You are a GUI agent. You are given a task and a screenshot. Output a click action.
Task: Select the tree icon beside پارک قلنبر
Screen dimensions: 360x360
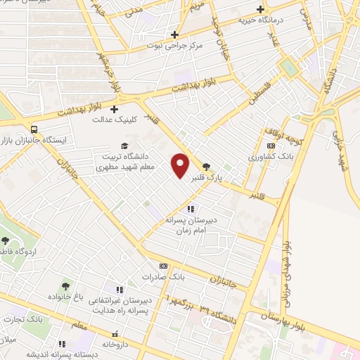[206, 167]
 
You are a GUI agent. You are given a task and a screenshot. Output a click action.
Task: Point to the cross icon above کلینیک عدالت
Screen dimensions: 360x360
[114, 108]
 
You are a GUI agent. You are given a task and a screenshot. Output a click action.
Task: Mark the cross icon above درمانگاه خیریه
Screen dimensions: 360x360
[261, 10]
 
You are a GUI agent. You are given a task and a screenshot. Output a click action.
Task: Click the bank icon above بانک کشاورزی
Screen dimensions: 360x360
[271, 146]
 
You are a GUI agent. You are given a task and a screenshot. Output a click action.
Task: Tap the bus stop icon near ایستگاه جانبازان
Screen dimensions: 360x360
[34, 129]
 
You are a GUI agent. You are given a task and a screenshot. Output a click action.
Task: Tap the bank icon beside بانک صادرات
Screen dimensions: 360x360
[164, 266]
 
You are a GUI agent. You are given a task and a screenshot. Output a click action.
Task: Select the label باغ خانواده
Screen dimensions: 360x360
[65, 296]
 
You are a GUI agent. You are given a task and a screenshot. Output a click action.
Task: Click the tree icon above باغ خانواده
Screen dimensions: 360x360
[65, 285]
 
